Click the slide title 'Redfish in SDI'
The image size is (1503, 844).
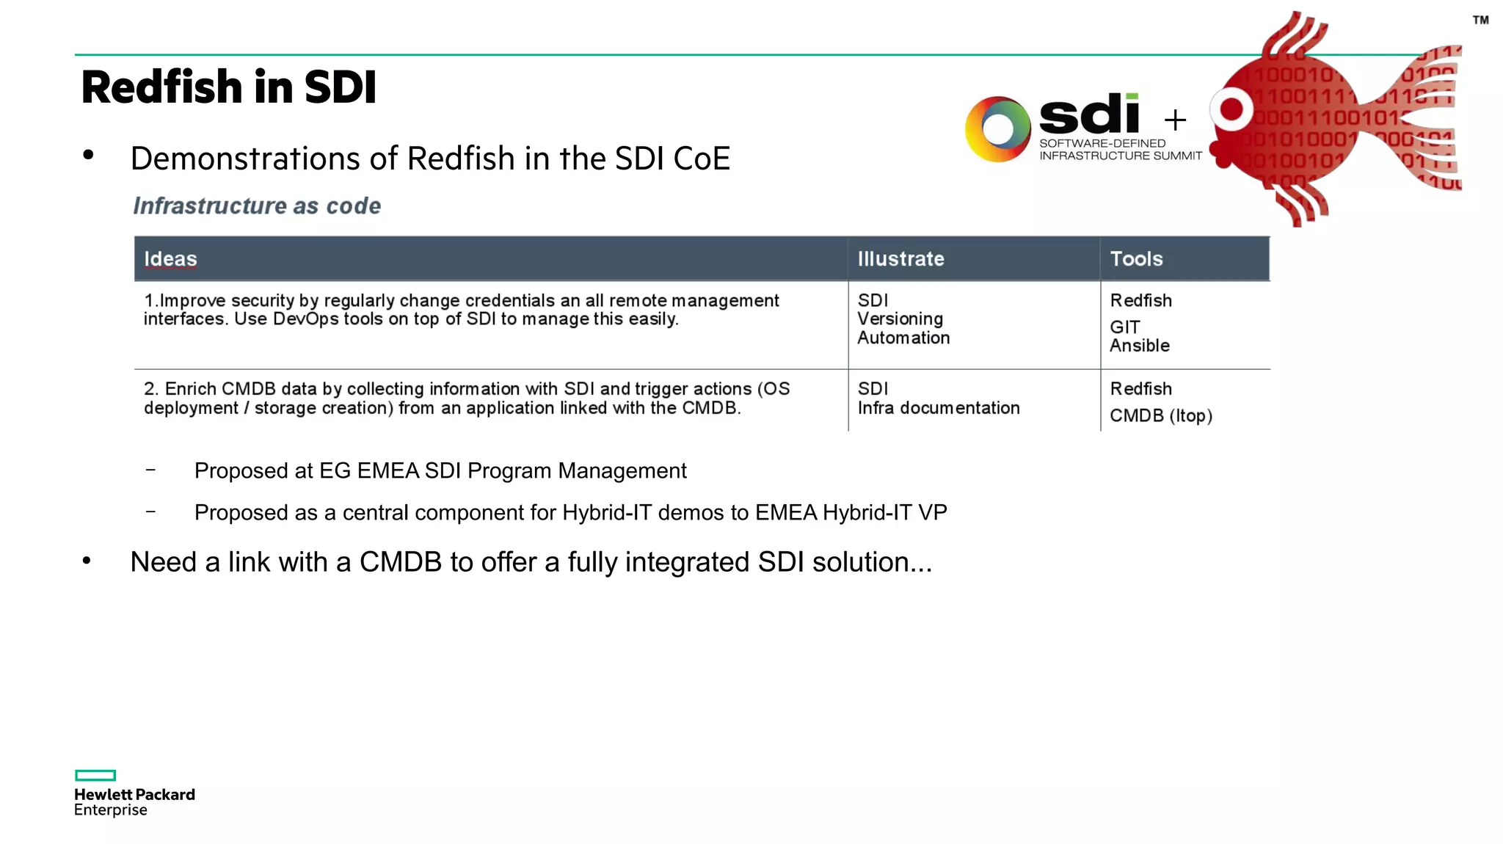[x=229, y=87]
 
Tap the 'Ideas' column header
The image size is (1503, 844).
[x=170, y=259]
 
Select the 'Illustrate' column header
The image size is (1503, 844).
[x=900, y=259]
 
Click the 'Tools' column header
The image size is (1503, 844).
[x=1136, y=259]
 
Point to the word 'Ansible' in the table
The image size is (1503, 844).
[x=1139, y=346]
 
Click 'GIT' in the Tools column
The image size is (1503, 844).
[x=1124, y=327]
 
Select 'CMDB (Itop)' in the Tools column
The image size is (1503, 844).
[x=1160, y=416]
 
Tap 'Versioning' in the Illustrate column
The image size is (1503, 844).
[x=900, y=319]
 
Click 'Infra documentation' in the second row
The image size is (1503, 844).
[x=938, y=408]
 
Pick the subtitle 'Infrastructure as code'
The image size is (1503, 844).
[x=257, y=206]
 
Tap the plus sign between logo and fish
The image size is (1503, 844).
[x=1175, y=120]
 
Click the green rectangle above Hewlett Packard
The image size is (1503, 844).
[x=95, y=775]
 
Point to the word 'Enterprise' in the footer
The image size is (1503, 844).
[x=111, y=810]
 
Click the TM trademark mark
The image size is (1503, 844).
[x=1480, y=21]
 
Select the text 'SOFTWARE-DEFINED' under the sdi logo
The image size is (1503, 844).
[x=1102, y=144]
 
